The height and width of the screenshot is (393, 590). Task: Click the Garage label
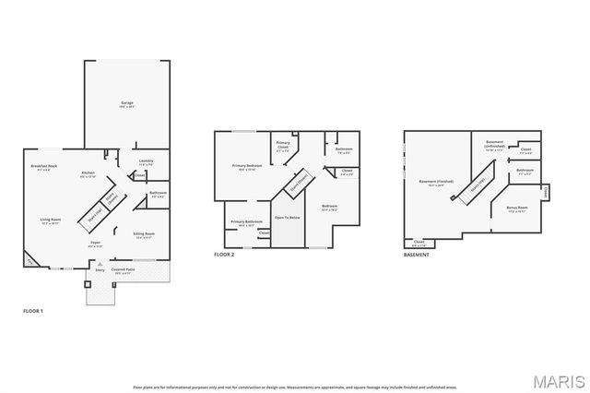click(127, 103)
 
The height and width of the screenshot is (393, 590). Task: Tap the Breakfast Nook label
click(45, 167)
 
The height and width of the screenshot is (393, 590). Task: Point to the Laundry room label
click(146, 162)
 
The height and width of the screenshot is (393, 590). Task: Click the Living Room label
click(50, 220)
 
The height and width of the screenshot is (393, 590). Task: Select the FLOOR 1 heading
click(33, 312)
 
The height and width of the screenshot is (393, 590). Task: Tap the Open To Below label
click(288, 218)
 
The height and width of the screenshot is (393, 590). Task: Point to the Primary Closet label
click(284, 146)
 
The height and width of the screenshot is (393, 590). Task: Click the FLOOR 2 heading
click(224, 254)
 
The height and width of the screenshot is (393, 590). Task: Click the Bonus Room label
click(517, 209)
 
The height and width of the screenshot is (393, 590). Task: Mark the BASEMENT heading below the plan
click(417, 254)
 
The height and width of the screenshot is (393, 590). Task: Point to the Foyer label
click(95, 244)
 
